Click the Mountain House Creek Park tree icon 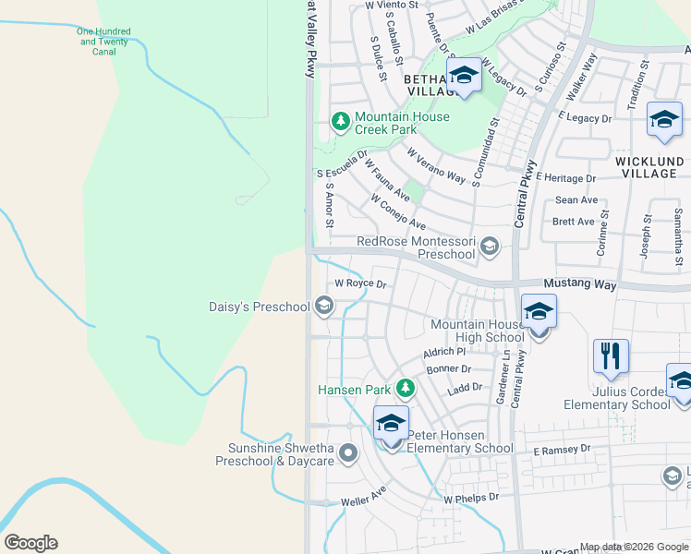click(341, 122)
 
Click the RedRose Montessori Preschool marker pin click(489, 246)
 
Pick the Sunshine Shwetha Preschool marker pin click(348, 453)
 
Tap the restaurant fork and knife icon click(611, 355)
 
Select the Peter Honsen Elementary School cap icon click(391, 424)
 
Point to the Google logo click(30, 543)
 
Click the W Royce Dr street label click(359, 283)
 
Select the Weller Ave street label click(362, 499)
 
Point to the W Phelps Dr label click(471, 497)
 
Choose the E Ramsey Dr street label click(562, 450)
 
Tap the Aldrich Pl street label click(444, 352)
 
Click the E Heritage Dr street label click(564, 177)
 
